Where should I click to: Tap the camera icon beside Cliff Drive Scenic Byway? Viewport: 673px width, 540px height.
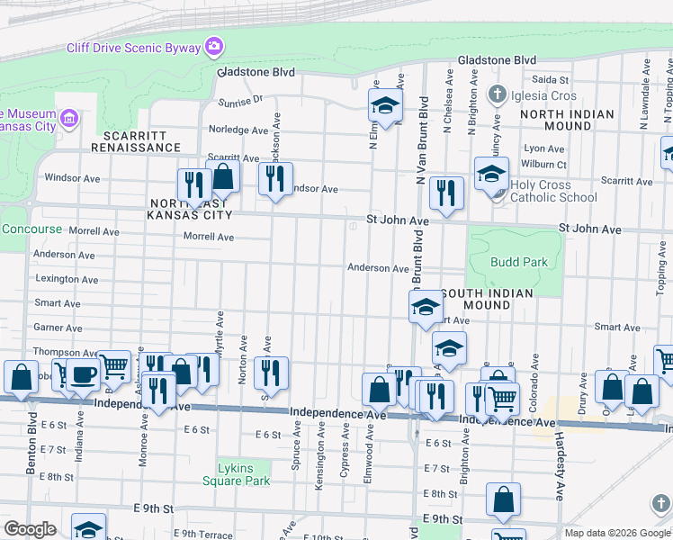[x=213, y=45]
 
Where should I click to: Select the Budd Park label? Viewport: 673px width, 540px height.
[x=513, y=262]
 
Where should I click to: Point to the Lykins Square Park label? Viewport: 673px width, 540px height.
[x=243, y=474]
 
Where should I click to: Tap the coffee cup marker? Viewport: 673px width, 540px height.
[x=84, y=375]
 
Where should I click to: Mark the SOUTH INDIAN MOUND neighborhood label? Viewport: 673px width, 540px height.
[x=487, y=299]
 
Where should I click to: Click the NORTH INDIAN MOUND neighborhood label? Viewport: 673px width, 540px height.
[x=567, y=121]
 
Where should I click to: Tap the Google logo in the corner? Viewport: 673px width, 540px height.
[x=30, y=529]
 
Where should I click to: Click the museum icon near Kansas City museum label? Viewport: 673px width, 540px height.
[x=69, y=118]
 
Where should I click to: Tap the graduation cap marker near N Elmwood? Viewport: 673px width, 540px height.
[x=385, y=106]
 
